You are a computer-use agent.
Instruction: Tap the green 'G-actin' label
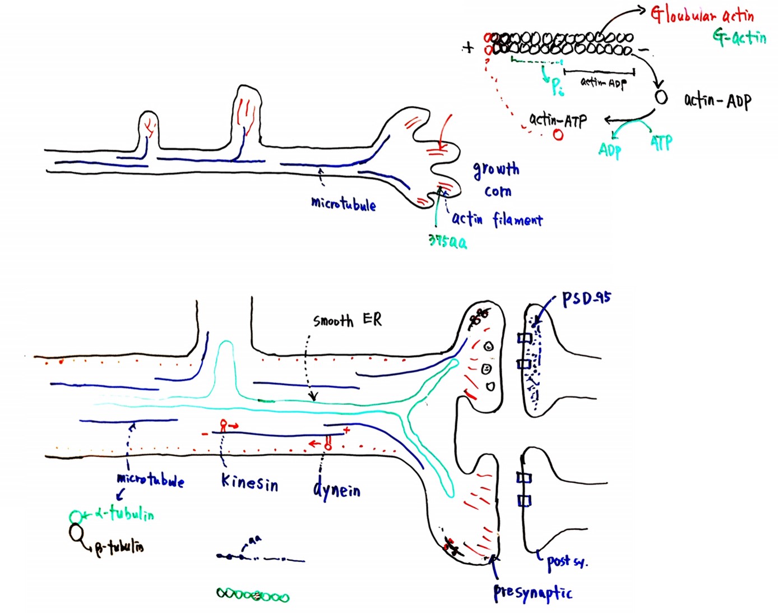tap(739, 38)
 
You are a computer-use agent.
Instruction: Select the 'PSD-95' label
tap(586, 298)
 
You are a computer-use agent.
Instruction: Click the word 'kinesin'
tap(249, 482)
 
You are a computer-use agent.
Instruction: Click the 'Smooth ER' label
tap(348, 320)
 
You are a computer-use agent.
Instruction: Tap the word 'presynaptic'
tap(532, 593)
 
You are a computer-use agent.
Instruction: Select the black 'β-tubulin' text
tap(119, 547)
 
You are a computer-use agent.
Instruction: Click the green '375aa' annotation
tap(447, 242)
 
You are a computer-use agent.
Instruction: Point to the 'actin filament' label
tap(497, 219)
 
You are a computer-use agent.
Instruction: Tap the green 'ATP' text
tap(661, 143)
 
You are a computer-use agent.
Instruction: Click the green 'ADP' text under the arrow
tap(609, 150)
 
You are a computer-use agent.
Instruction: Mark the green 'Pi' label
tap(557, 86)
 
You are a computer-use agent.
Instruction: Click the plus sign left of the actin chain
tap(468, 48)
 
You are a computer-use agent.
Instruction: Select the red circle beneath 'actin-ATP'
tap(558, 135)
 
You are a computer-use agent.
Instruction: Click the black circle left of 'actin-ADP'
tap(661, 98)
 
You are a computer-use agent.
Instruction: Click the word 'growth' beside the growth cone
tap(496, 169)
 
